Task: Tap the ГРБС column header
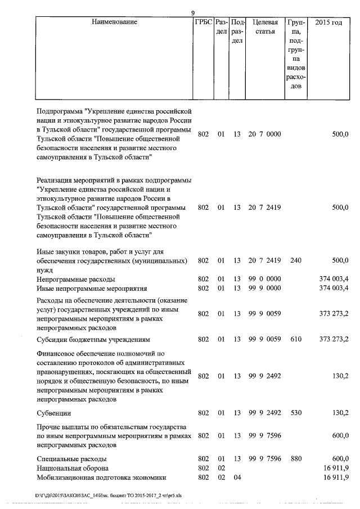203,22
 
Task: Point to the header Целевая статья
264,27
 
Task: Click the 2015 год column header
330,22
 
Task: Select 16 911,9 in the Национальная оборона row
335,468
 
